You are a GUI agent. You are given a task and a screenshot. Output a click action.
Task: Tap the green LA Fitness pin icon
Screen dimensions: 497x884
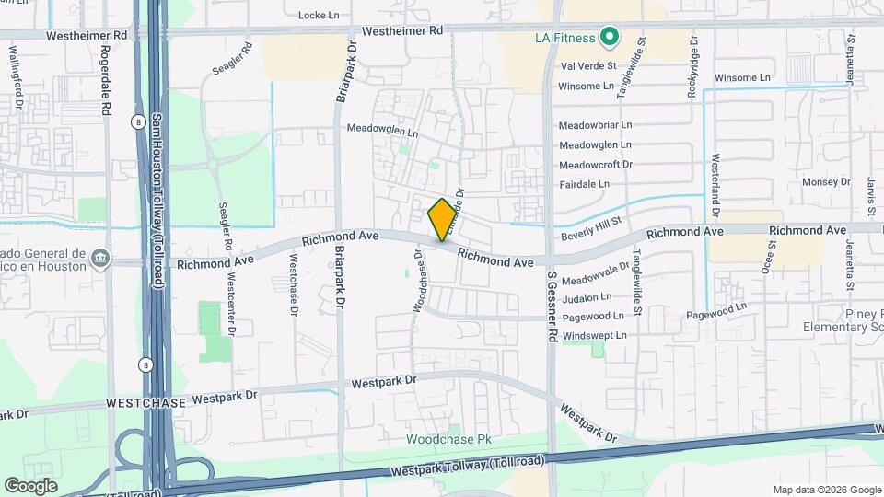609,38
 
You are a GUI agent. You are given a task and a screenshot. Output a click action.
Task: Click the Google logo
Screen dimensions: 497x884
30,485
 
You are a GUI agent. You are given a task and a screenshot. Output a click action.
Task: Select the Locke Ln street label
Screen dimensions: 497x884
320,16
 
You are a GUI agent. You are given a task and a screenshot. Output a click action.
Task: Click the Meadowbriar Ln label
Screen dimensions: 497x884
596,124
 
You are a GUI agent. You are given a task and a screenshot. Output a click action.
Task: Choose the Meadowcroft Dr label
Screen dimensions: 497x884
596,164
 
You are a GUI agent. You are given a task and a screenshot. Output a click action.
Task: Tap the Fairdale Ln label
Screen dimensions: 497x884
585,183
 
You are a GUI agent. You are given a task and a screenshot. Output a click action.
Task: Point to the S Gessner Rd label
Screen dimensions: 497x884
552,307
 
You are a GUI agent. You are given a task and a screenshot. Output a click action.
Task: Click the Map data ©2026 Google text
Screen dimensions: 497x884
826,490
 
